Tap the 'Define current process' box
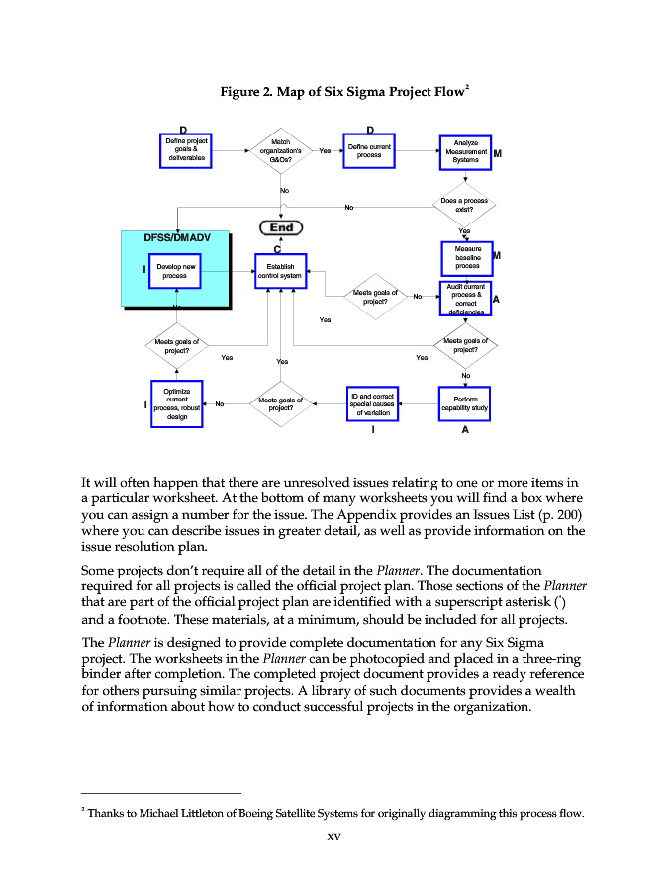tap(369, 151)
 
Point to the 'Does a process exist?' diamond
tap(464, 206)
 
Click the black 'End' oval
tap(281, 227)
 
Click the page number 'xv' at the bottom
tap(333, 838)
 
